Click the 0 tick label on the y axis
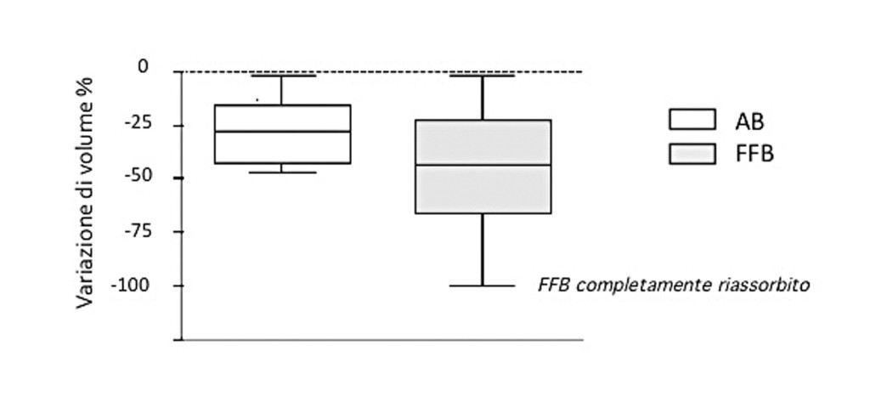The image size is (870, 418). tap(143, 66)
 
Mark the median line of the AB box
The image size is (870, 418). tap(282, 132)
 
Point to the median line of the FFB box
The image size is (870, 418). tap(483, 165)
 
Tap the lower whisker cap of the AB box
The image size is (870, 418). tap(282, 172)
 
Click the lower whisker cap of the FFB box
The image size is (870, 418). tap(483, 285)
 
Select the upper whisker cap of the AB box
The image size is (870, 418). tap(282, 76)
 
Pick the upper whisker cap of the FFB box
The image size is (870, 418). tap(483, 76)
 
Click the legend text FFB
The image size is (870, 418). tap(754, 155)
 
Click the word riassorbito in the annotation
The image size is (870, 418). tap(768, 286)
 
